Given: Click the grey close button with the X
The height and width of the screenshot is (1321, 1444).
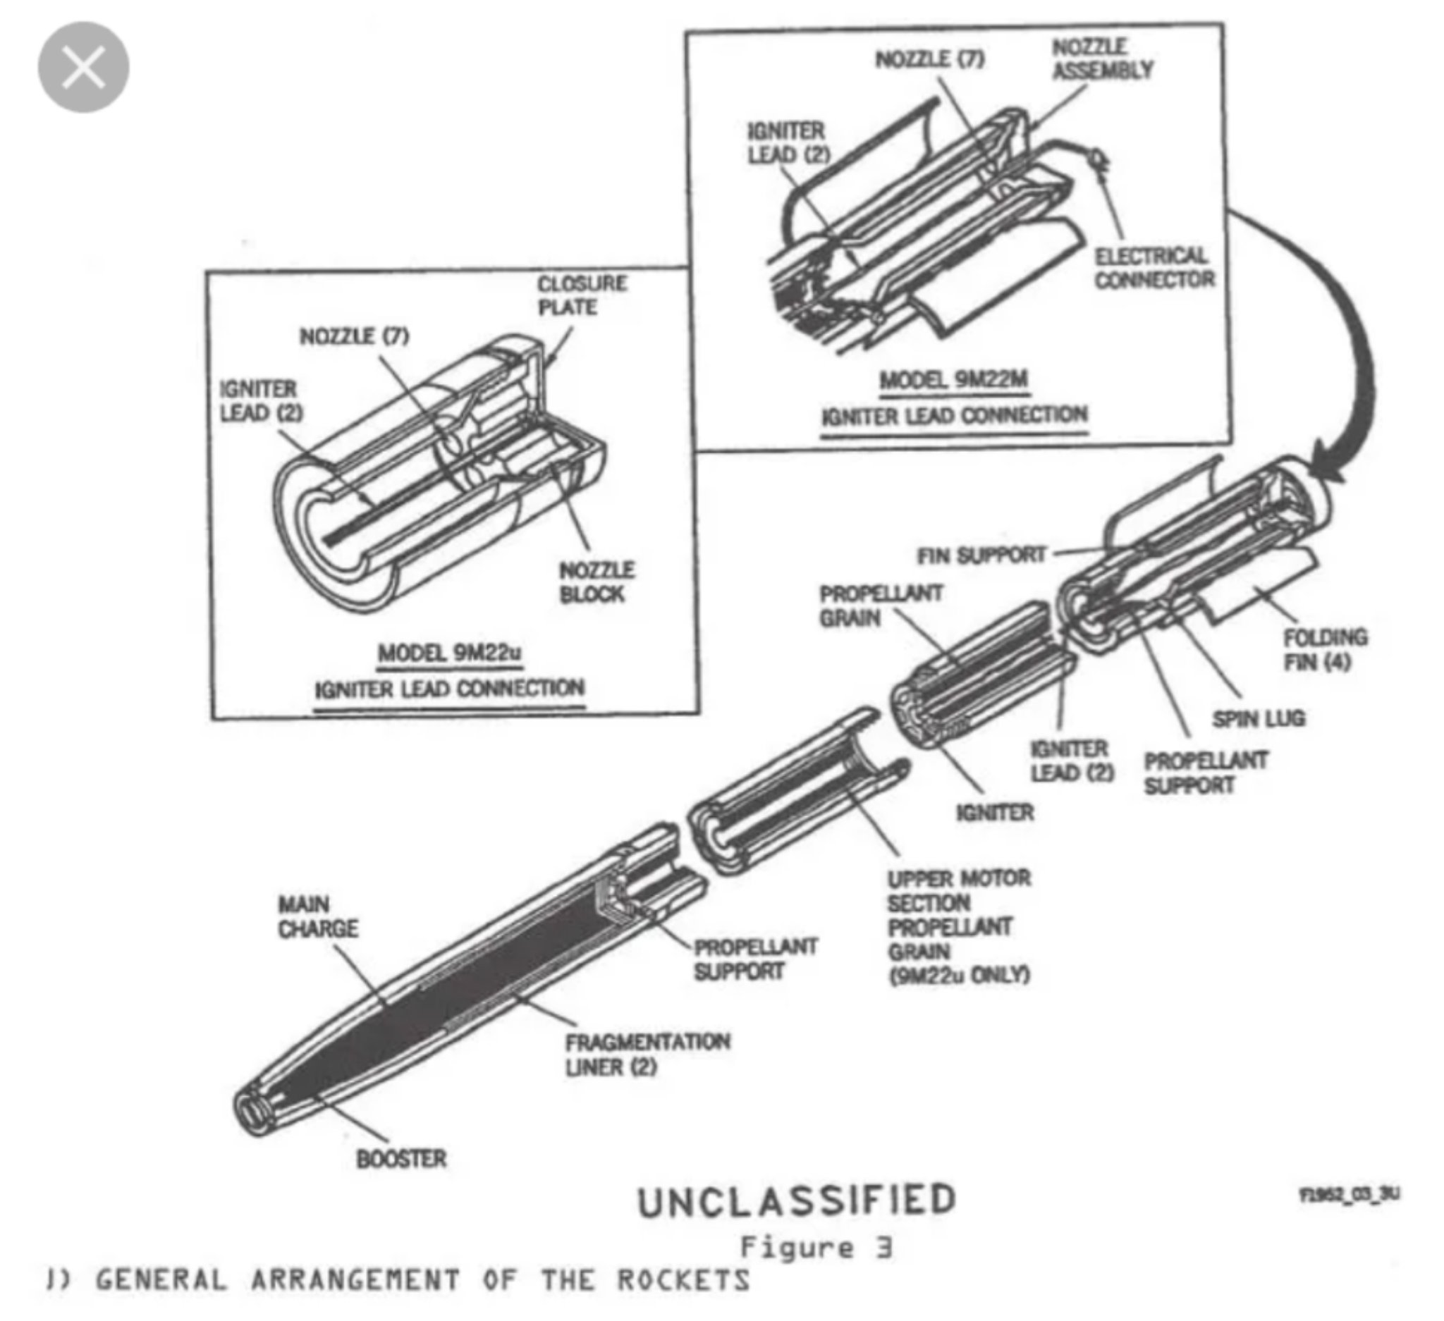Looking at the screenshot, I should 83,67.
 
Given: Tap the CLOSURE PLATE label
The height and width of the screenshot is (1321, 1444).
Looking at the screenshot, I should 582,295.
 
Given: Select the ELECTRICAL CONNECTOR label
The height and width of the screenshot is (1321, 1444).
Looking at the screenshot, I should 1154,268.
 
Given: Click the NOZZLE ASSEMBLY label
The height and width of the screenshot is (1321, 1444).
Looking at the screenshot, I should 1101,59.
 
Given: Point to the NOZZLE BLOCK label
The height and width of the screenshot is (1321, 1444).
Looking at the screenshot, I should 596,582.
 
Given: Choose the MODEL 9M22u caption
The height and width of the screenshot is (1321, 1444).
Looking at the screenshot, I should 450,653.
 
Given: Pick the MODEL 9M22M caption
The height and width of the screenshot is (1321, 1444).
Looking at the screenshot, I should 954,379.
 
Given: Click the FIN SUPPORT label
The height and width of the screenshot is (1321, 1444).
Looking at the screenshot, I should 981,555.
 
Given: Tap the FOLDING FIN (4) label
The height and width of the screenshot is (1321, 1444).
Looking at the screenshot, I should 1324,649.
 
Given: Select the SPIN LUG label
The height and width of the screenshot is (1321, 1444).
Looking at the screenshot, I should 1259,718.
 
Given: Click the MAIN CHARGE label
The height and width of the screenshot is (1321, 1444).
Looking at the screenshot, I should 317,916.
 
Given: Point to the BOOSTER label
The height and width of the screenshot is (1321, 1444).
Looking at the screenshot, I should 401,1158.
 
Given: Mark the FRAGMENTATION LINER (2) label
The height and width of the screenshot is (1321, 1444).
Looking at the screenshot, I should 647,1054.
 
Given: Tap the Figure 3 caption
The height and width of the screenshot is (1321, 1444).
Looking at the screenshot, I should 816,1248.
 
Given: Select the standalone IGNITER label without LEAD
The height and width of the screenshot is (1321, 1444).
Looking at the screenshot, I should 995,813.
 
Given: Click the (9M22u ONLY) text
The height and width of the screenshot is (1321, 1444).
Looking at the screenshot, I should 959,974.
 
